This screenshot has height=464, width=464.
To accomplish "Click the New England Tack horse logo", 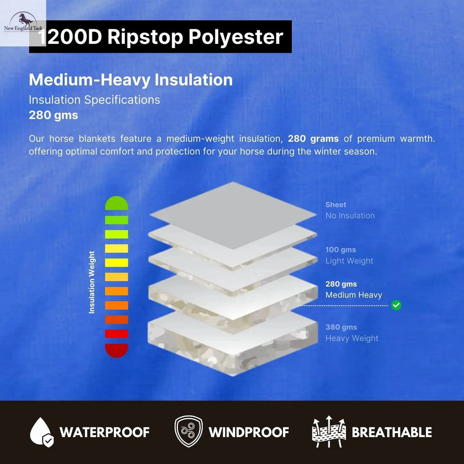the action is point(23,23).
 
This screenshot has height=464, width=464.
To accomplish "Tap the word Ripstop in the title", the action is point(145,37).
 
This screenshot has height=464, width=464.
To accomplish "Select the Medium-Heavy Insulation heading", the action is point(131,80).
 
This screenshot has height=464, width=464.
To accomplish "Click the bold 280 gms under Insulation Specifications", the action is point(54,115).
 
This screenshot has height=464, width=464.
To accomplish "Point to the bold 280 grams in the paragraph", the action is point(313,139).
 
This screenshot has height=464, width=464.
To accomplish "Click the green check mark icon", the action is point(396,305).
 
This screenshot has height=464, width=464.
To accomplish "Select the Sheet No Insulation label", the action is point(350,210).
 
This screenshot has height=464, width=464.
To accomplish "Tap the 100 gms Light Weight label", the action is point(349,255).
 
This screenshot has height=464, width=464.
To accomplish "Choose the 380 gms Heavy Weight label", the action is point(352,333).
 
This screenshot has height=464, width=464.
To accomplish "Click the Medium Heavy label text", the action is point(354,295).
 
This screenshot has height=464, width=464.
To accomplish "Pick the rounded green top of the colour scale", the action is point(117,203).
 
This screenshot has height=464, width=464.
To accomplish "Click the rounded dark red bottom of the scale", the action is point(117,351).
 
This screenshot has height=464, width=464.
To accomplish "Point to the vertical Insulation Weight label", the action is point(92,282).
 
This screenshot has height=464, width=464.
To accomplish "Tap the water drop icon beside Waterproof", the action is point(41,432).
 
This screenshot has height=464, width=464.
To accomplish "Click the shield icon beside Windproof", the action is point(189,432).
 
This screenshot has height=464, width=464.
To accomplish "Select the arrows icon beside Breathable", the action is point(329,432).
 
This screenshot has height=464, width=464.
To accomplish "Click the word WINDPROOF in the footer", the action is point(248,432).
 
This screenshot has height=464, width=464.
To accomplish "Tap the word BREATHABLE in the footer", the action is point(392,432).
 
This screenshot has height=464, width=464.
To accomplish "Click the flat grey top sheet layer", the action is point(233,216).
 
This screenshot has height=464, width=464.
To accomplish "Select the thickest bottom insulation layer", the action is point(233,343).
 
